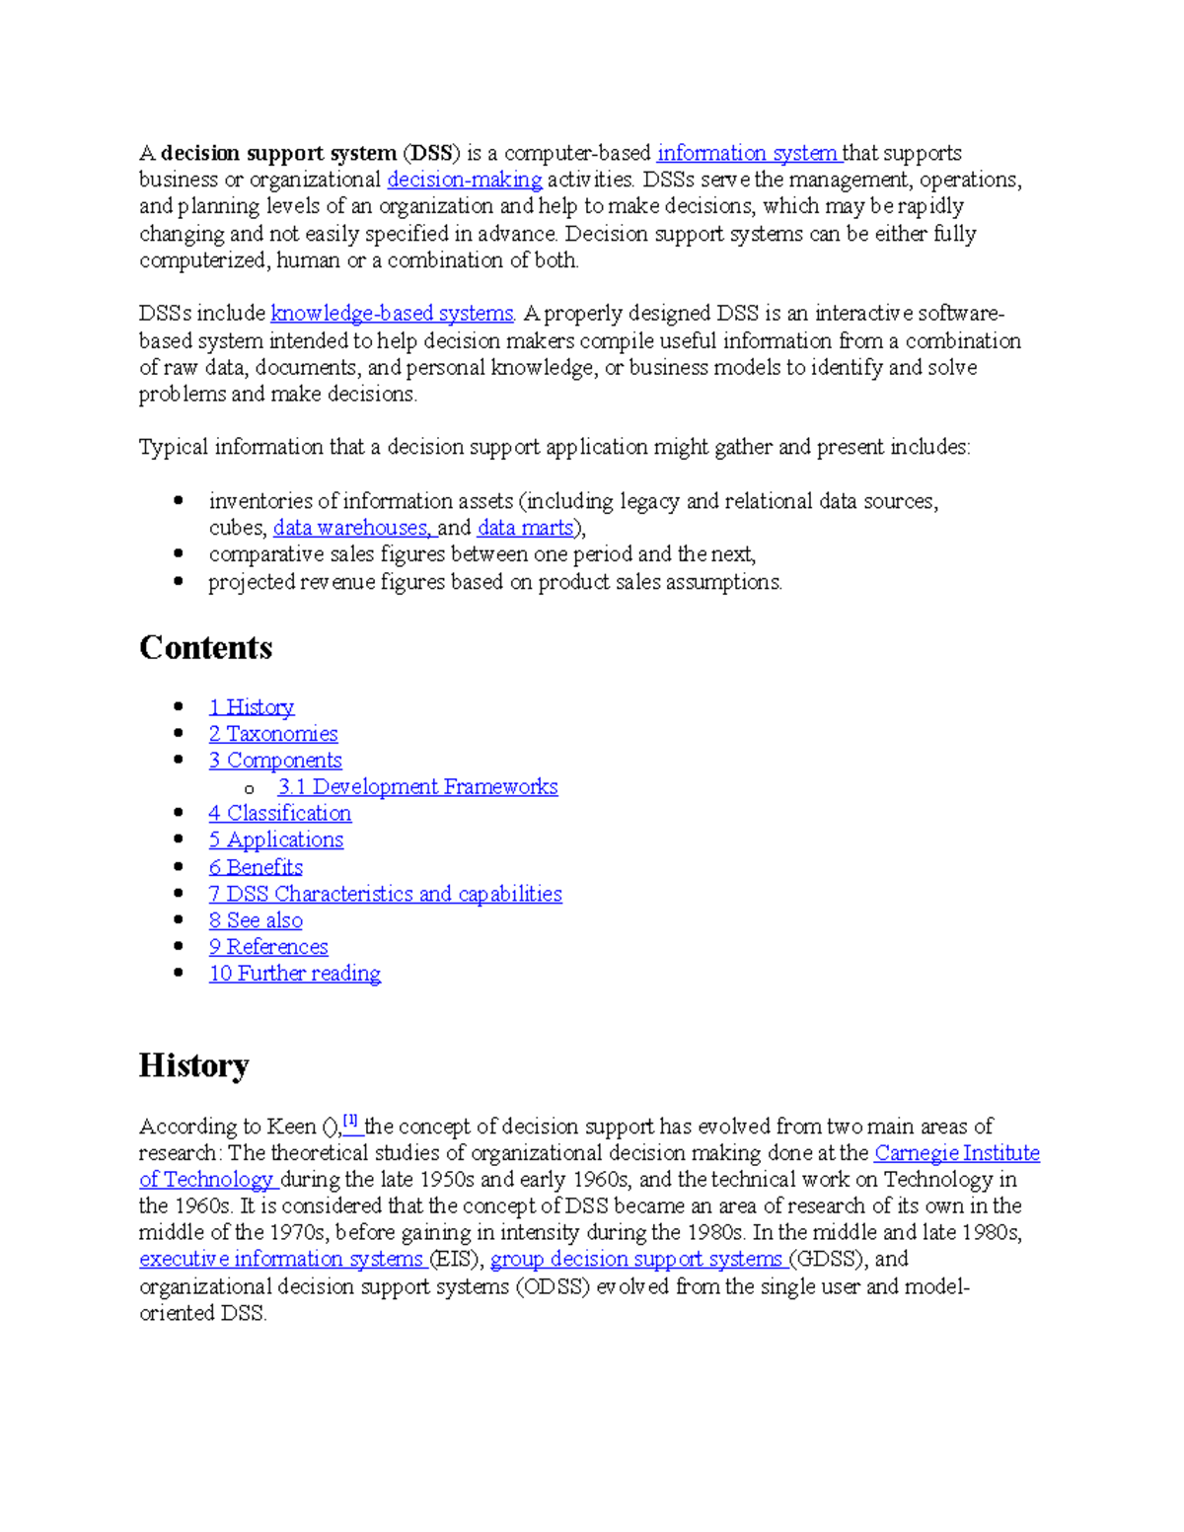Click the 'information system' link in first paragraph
pyautogui.click(x=747, y=153)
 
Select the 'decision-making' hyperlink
pyautogui.click(x=464, y=180)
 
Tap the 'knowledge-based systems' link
pyautogui.click(x=392, y=314)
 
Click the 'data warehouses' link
pyautogui.click(x=350, y=528)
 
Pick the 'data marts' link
pyautogui.click(x=525, y=528)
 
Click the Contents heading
pyautogui.click(x=205, y=648)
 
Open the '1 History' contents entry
pyautogui.click(x=251, y=707)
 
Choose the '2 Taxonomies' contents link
pyautogui.click(x=272, y=734)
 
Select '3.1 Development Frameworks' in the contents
pyautogui.click(x=417, y=787)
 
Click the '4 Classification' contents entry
pyautogui.click(x=279, y=814)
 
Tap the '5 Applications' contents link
pyautogui.click(x=275, y=840)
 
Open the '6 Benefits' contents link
pyautogui.click(x=256, y=867)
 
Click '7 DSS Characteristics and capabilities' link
pyautogui.click(x=385, y=894)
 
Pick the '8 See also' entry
pyautogui.click(x=256, y=920)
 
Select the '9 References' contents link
pyautogui.click(x=268, y=947)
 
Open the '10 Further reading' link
pyautogui.click(x=294, y=974)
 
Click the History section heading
pyautogui.click(x=193, y=1065)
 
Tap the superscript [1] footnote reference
pyautogui.click(x=350, y=1121)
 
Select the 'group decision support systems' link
pyautogui.click(x=636, y=1260)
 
